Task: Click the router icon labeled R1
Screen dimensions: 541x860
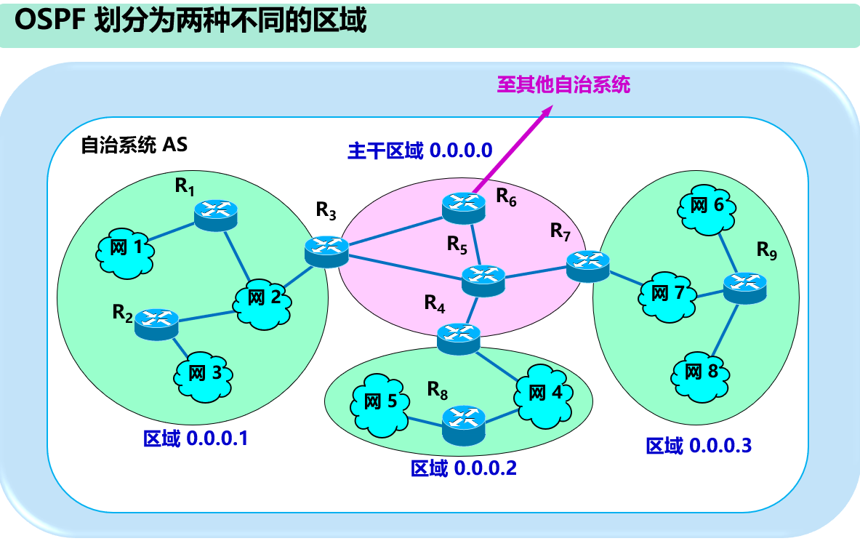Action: click(x=216, y=212)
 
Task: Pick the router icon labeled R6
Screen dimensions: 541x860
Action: click(x=464, y=207)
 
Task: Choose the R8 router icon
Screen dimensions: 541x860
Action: click(x=464, y=421)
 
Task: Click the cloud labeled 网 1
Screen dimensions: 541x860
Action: click(x=125, y=249)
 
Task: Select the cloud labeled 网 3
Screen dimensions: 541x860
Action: click(x=204, y=374)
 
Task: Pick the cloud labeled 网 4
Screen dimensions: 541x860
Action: click(x=544, y=395)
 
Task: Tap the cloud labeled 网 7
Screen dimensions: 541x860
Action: click(x=667, y=294)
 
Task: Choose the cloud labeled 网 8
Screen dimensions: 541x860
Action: click(x=701, y=373)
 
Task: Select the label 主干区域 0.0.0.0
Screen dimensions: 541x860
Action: click(x=420, y=151)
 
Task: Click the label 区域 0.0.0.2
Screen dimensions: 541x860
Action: click(x=463, y=468)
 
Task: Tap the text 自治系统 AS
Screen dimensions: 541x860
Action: click(x=134, y=145)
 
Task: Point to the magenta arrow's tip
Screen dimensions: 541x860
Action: click(x=551, y=106)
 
